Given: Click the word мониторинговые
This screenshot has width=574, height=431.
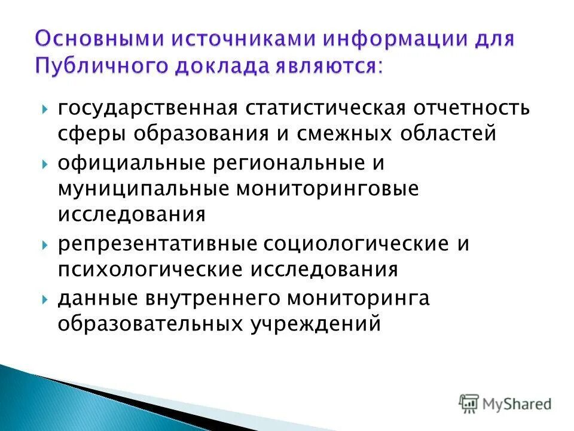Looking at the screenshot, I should click(x=329, y=188).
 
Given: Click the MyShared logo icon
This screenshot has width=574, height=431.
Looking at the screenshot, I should click(x=468, y=403).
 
